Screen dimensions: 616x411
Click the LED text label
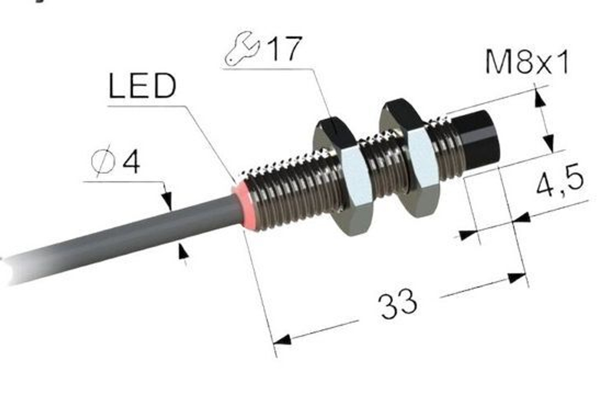[142, 86]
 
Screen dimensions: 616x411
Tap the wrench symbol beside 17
[242, 49]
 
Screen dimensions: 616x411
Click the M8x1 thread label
[527, 62]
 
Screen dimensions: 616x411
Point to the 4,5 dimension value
[560, 182]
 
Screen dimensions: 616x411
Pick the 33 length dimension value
[397, 303]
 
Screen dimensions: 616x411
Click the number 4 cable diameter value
[131, 162]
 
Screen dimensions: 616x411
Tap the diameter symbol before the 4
[103, 162]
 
